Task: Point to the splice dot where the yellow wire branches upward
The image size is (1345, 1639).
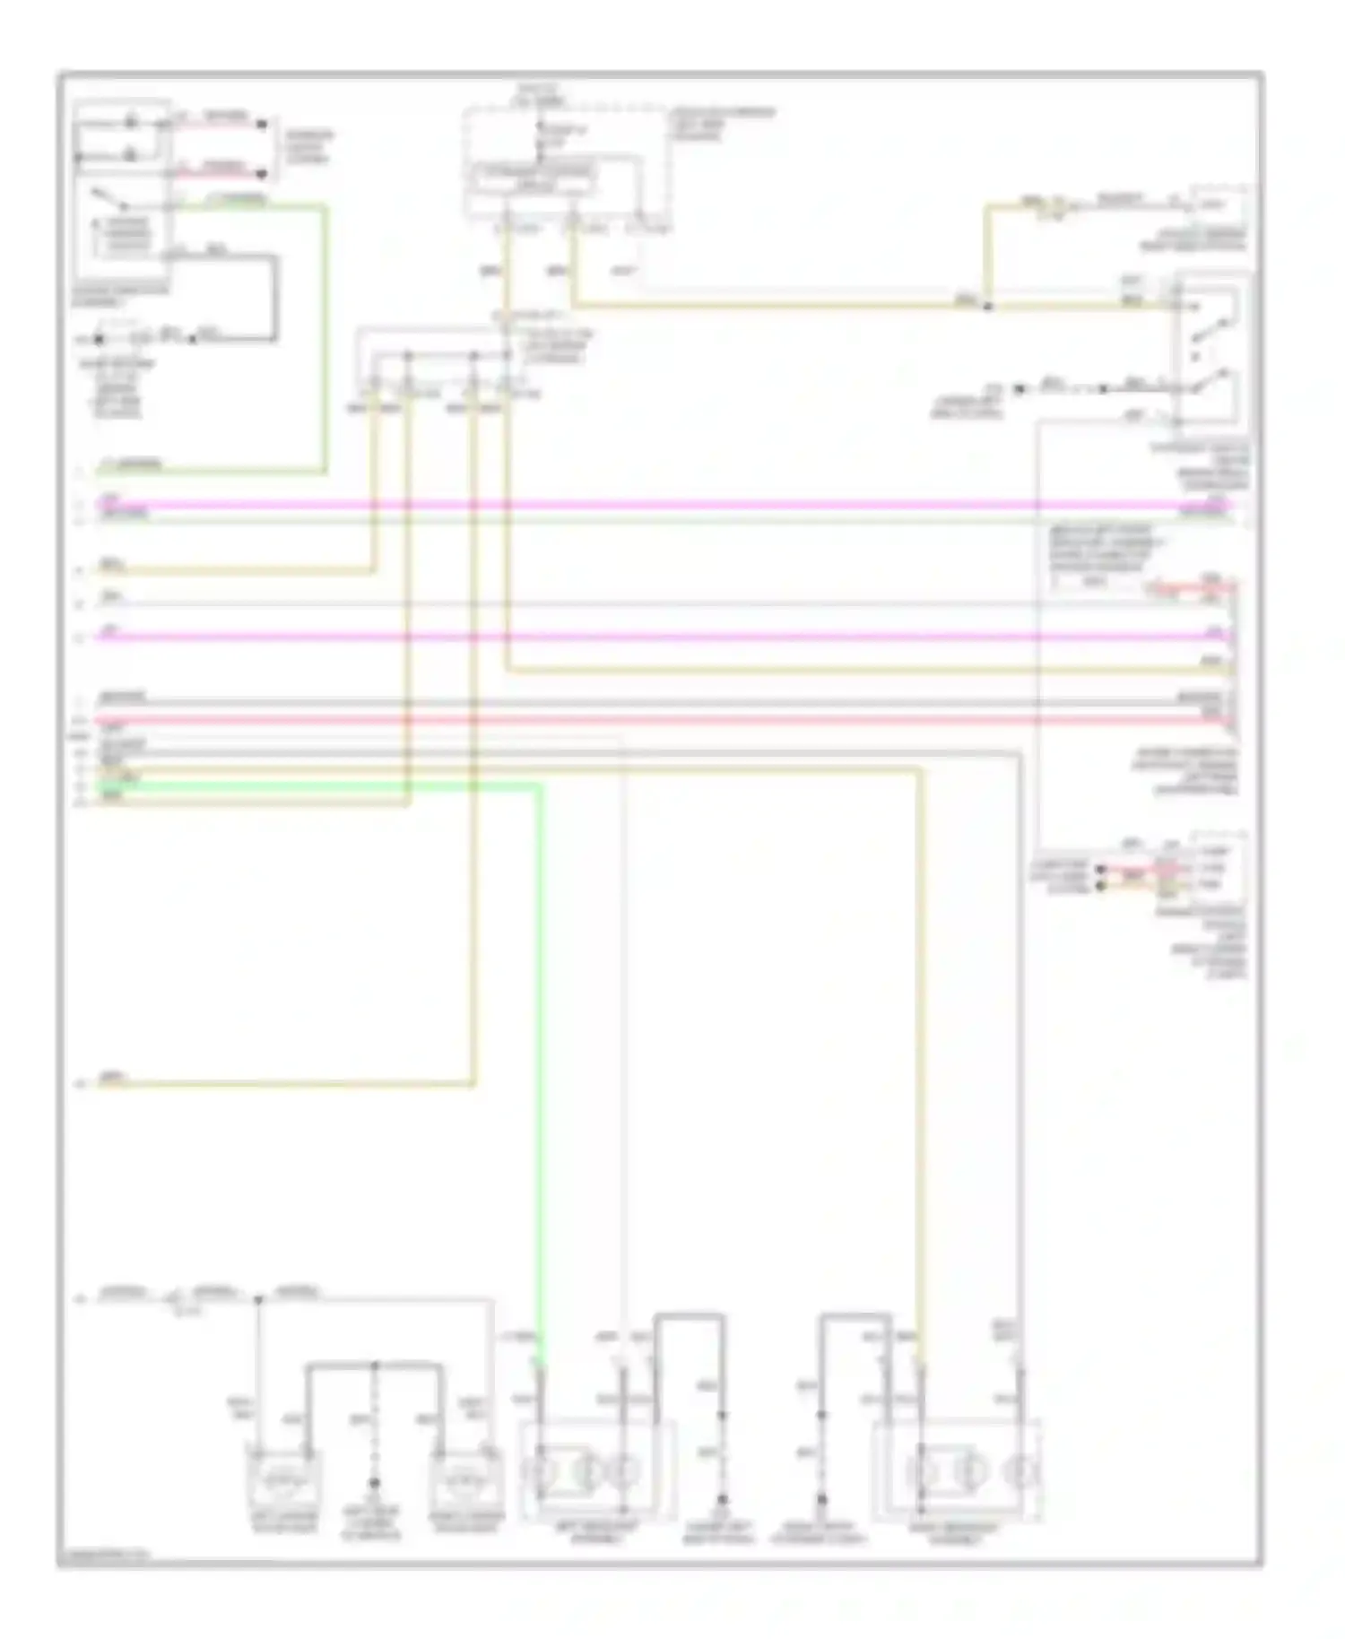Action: click(x=986, y=307)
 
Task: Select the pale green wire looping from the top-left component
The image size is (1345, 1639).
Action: click(x=325, y=341)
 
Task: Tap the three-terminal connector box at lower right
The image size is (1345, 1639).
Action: click(x=1217, y=868)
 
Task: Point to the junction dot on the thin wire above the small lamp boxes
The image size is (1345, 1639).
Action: click(x=257, y=1299)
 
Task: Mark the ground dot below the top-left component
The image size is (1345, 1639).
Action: click(x=98, y=340)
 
